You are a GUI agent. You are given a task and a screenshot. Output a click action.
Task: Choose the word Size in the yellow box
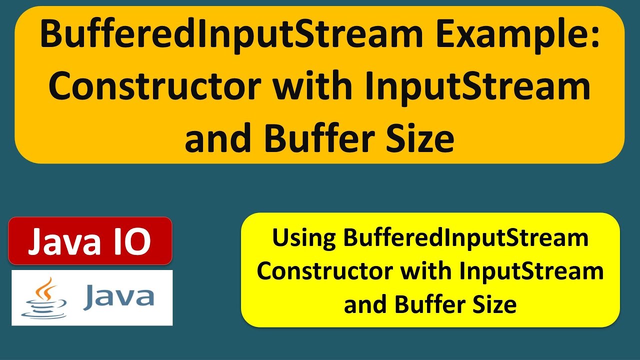495,304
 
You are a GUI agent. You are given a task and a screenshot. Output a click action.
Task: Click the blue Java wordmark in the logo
119,296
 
